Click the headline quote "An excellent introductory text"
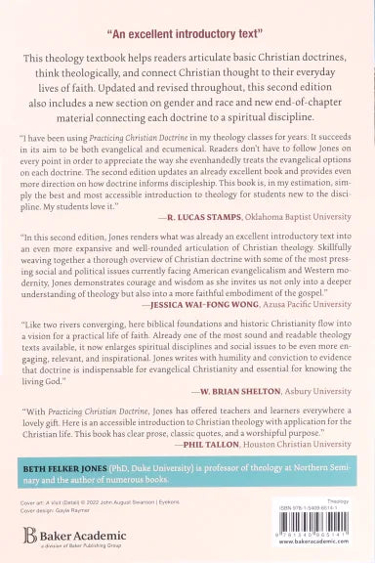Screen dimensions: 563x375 [x=187, y=21]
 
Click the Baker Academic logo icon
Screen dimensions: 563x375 [x=28, y=536]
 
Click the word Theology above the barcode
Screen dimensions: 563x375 [x=337, y=498]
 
